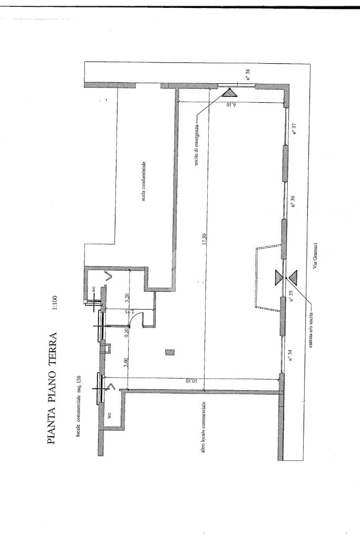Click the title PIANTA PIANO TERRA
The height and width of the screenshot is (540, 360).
click(53, 387)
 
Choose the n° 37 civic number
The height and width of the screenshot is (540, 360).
click(296, 129)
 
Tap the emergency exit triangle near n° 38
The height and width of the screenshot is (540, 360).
click(230, 92)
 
